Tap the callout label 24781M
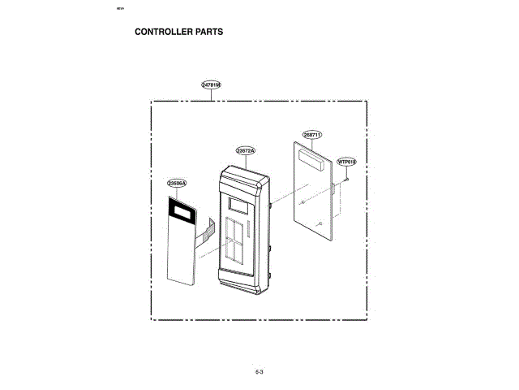click(211, 85)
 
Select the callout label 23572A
click(246, 151)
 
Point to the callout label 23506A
click(177, 184)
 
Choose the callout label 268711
click(312, 134)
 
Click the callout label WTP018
click(347, 162)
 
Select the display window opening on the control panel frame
click(238, 206)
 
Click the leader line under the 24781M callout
click(211, 95)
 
